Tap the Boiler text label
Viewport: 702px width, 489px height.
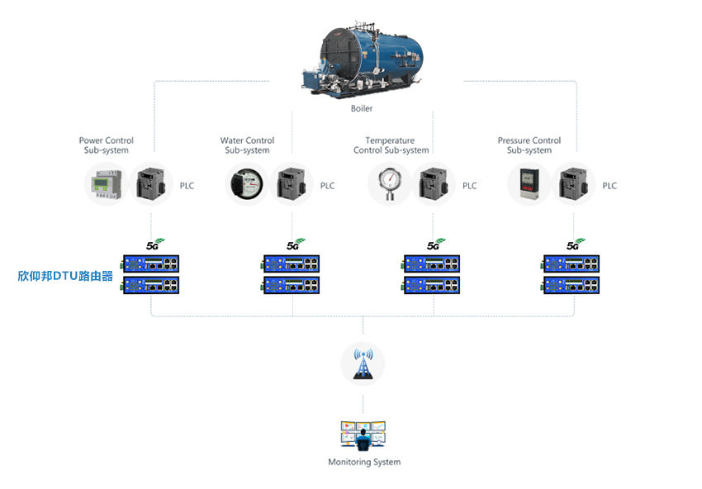[362, 108]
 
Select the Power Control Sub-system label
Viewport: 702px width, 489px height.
[106, 145]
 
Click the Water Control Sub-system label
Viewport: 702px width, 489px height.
[247, 145]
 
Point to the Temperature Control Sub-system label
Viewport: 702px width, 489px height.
[391, 145]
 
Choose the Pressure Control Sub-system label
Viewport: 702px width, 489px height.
[529, 145]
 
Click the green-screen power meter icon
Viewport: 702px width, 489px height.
[106, 184]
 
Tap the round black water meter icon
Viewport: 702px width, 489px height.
[247, 184]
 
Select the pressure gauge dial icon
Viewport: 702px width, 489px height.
[389, 183]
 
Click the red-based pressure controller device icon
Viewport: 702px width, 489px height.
[529, 184]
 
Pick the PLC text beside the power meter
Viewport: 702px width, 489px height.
[187, 186]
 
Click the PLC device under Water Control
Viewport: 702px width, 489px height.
[292, 183]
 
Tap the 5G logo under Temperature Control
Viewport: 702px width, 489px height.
[436, 244]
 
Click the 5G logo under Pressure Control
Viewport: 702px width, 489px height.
[576, 244]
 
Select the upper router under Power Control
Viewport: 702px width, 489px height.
[151, 263]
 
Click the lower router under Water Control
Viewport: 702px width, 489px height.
[291, 285]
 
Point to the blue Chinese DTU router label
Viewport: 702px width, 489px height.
[65, 276]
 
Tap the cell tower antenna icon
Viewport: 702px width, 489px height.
[363, 363]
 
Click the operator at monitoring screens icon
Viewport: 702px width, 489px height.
[363, 435]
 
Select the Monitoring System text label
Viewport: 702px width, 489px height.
[364, 462]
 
